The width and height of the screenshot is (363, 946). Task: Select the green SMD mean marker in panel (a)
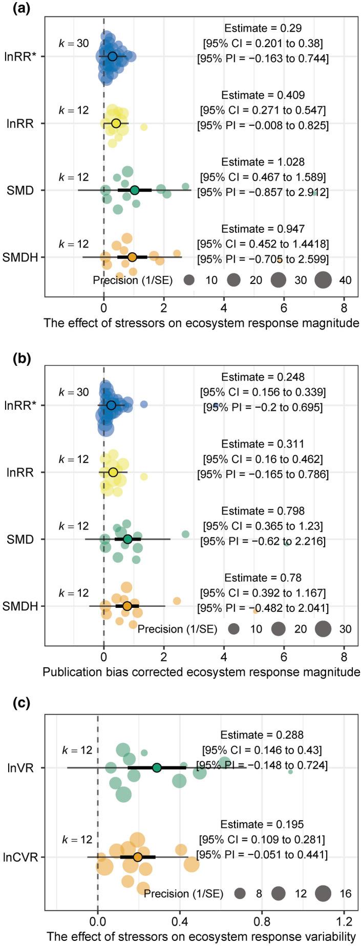coord(135,190)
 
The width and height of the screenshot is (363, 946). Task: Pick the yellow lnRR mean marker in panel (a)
coord(116,123)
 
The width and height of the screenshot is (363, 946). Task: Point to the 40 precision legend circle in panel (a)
coord(324,280)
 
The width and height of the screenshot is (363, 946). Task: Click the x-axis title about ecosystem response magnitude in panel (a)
coord(202,323)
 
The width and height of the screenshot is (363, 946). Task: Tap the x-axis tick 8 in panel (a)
coord(344,309)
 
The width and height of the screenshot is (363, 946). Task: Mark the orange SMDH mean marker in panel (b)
coord(127,606)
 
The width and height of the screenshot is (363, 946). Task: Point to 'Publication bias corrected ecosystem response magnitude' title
coord(202,671)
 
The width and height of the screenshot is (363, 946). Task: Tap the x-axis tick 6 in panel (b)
coord(284,657)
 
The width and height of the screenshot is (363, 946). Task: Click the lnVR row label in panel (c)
coord(24,767)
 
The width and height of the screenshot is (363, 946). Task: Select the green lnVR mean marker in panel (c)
coord(157,767)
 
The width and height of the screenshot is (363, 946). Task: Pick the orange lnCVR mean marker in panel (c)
coord(137,857)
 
